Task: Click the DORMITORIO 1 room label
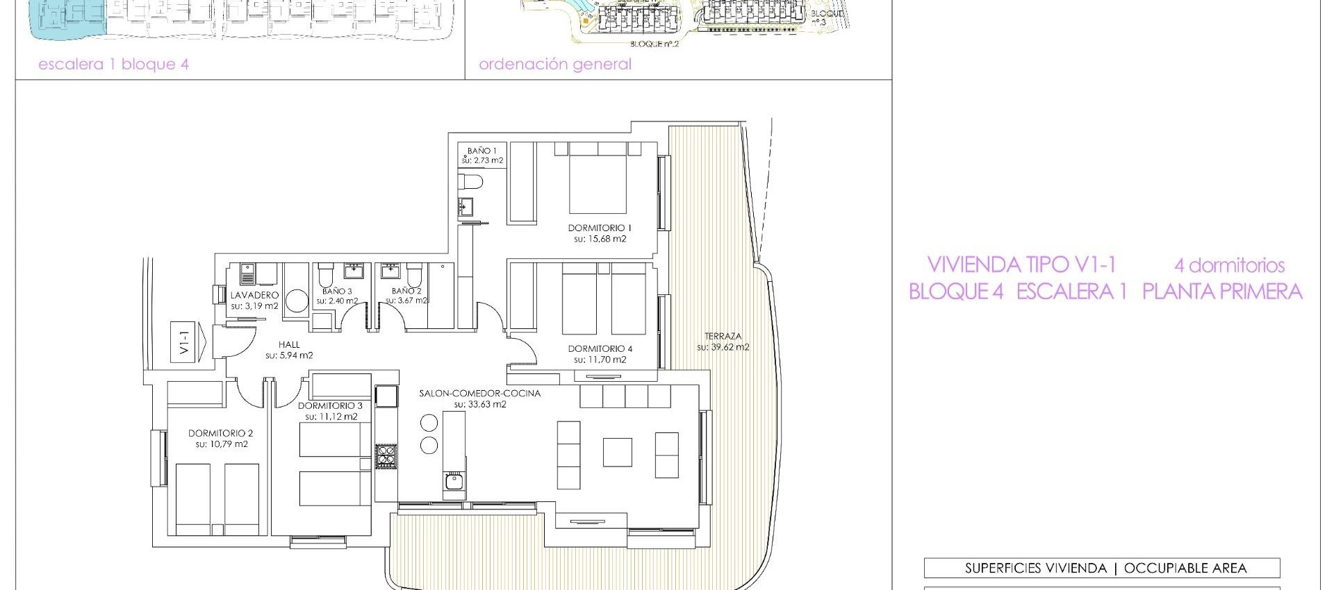tap(599, 228)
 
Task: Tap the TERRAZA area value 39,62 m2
tap(723, 347)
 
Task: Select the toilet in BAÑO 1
tap(471, 183)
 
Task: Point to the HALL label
tap(289, 344)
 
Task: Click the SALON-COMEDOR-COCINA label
tap(479, 393)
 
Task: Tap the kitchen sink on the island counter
tap(454, 481)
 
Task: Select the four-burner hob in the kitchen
tap(386, 456)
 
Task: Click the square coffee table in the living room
tap(617, 452)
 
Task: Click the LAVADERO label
tap(254, 295)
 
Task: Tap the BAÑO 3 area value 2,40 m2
tap(337, 301)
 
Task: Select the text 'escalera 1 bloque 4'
tap(113, 65)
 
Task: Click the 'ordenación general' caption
tap(554, 65)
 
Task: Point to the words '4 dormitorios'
tap(1229, 265)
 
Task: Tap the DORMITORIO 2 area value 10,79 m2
tap(221, 444)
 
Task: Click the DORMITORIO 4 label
tap(600, 348)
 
